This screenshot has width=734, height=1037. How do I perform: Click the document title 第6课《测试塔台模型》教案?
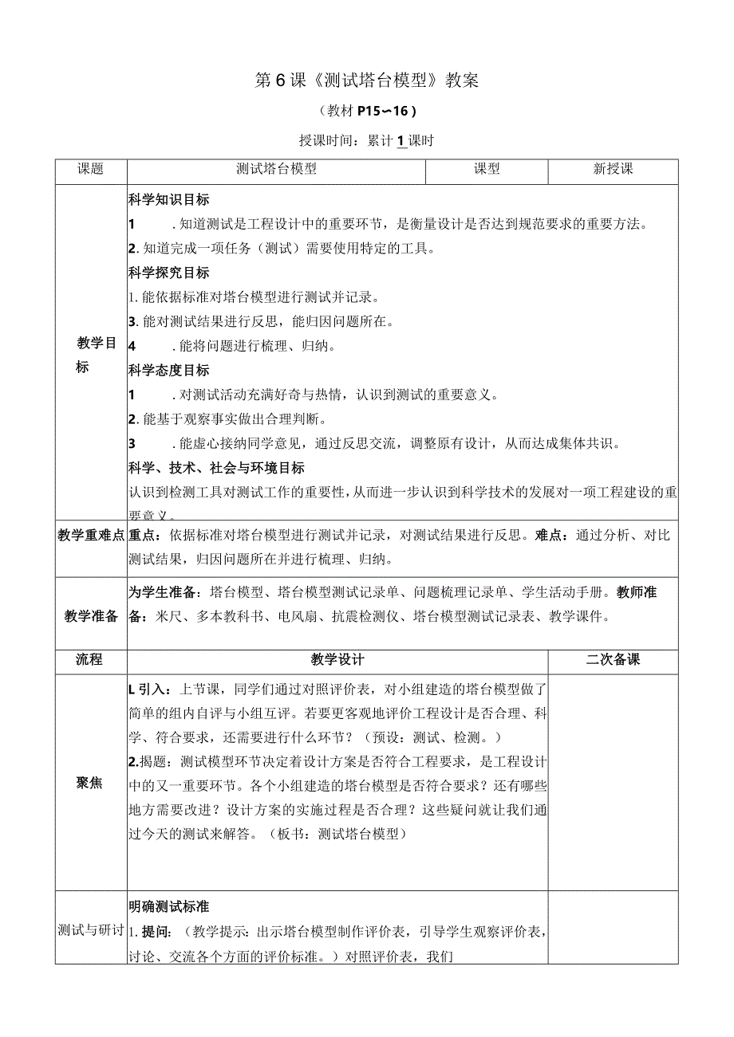[x=366, y=81]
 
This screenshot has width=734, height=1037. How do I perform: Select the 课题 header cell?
[x=91, y=169]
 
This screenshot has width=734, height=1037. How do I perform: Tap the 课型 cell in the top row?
[x=487, y=169]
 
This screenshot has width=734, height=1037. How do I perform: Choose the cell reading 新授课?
[x=613, y=169]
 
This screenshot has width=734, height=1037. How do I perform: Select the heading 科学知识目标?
[x=168, y=200]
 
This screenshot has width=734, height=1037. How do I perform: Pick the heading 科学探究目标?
[x=168, y=273]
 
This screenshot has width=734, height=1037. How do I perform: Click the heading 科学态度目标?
[x=168, y=370]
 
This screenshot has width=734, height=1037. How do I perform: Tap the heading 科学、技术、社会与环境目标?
[x=215, y=468]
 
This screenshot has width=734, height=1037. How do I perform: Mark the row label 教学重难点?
[x=91, y=536]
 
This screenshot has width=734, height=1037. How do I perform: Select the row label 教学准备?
[x=91, y=615]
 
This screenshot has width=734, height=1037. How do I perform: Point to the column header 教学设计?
[x=337, y=660]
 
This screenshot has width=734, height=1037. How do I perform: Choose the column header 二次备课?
[x=613, y=660]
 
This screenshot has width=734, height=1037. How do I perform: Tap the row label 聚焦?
[x=91, y=783]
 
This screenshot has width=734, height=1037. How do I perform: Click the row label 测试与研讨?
[x=91, y=929]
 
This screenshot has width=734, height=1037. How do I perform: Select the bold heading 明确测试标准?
[x=168, y=906]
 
